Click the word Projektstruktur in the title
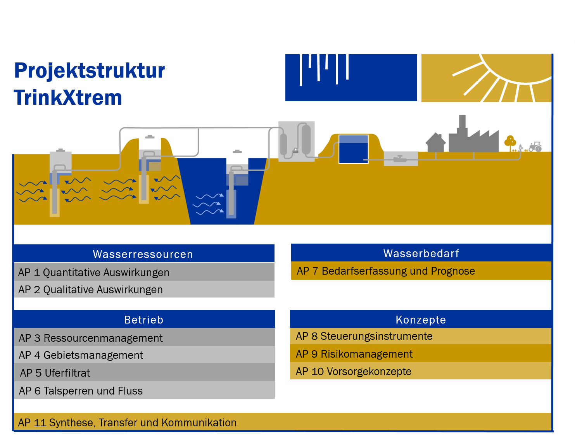[90, 71]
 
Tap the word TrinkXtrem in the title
[68, 97]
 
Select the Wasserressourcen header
[143, 254]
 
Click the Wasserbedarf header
[421, 253]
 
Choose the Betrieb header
[143, 320]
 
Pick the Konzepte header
[421, 320]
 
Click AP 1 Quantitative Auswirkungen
[94, 273]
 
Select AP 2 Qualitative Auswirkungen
[90, 290]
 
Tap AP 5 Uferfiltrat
[55, 373]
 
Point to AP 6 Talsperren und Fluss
[81, 391]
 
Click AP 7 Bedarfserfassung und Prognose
[386, 271]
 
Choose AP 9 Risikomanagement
[354, 354]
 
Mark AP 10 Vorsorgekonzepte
[354, 372]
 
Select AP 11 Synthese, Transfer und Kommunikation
[127, 423]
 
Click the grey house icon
[436, 143]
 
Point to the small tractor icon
[535, 147]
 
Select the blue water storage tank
[353, 149]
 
